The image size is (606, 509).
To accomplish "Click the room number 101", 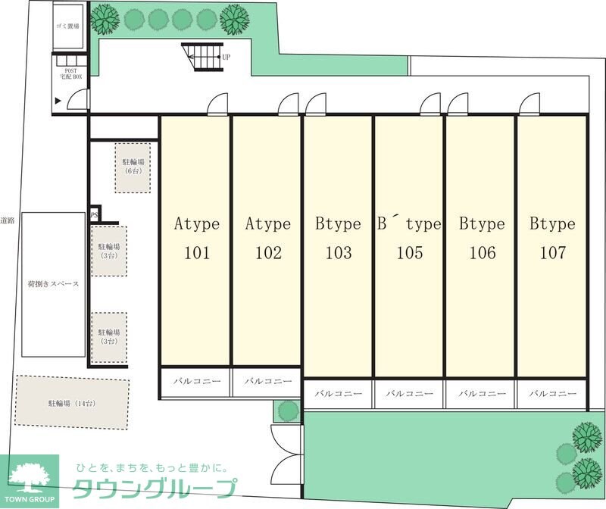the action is [x=197, y=253].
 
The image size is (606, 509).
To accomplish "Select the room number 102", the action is [x=268, y=253].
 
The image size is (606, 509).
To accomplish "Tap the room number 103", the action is [x=339, y=253].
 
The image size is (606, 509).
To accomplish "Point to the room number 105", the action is [x=410, y=253].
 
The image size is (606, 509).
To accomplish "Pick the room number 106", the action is [x=483, y=253].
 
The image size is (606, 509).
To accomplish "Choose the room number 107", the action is [x=553, y=253].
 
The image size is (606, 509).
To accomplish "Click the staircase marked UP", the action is [x=203, y=58].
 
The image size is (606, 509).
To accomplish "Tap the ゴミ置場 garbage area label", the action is [x=67, y=27].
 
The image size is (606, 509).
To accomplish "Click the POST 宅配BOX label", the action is [x=70, y=73].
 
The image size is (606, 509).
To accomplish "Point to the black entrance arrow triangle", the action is [x=58, y=101].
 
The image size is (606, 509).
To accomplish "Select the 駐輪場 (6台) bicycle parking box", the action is [x=133, y=167].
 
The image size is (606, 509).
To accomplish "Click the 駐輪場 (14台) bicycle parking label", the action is [x=71, y=404].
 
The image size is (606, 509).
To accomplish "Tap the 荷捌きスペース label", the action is [x=53, y=284].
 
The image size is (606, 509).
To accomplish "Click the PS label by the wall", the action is [x=94, y=215].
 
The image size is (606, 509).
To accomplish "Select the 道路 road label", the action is [x=8, y=220].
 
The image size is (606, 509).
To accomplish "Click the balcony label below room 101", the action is [x=197, y=382].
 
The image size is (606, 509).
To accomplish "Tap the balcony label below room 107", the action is [x=553, y=394].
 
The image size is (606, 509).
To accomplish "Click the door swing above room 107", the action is [x=529, y=104].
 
